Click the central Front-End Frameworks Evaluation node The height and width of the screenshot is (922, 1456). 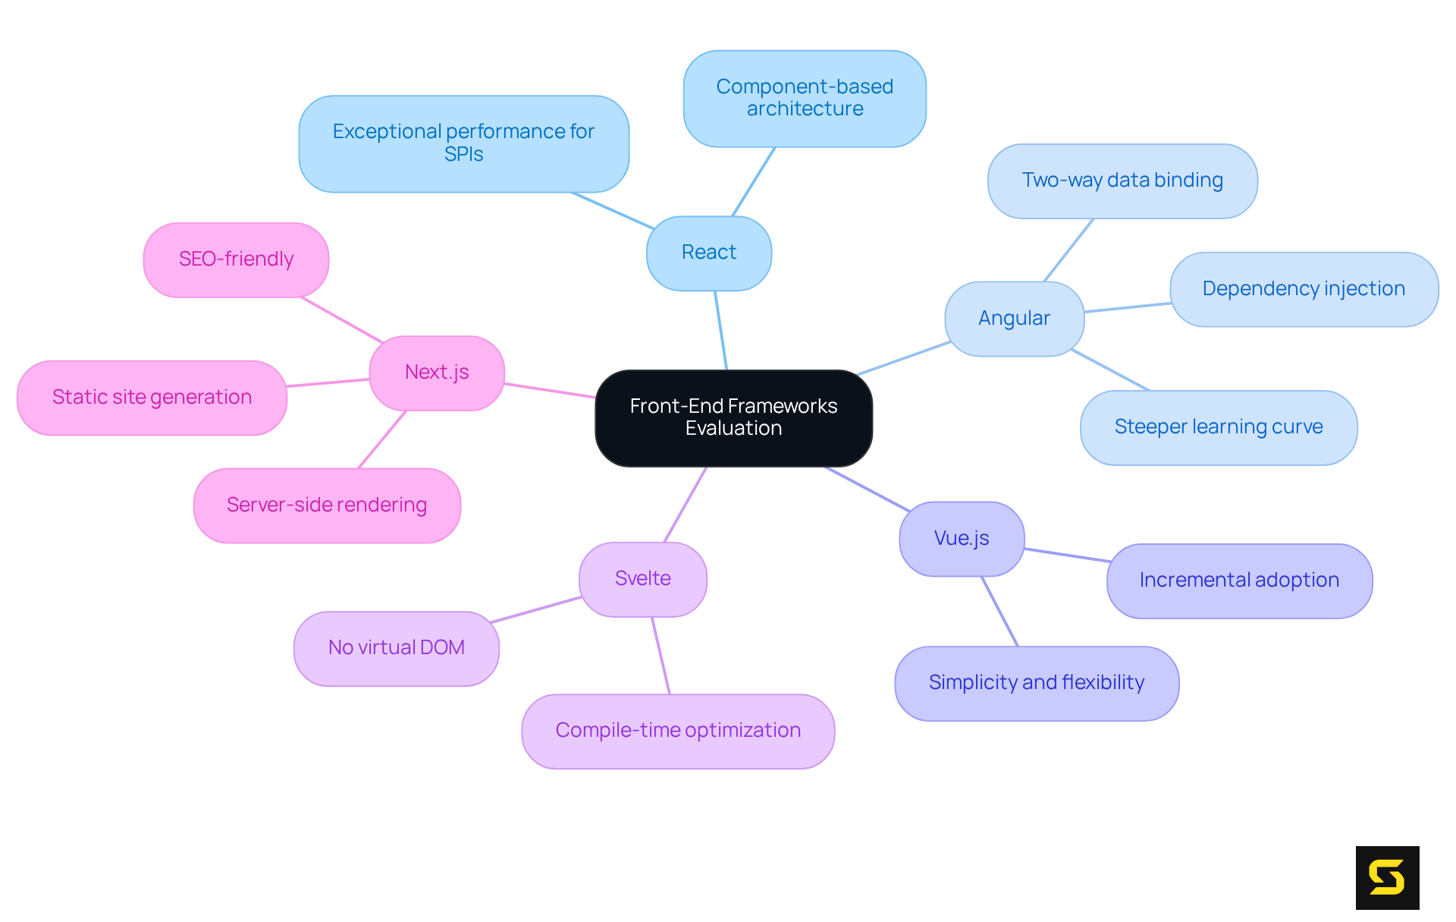coord(733,417)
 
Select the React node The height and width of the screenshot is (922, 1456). coord(708,253)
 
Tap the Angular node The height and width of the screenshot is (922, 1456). coord(1014,319)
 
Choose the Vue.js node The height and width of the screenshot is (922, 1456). coord(962,539)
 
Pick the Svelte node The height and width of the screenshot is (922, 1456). coord(642,579)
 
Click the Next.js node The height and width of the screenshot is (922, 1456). coord(437,373)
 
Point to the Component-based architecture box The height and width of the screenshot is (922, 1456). coord(805,99)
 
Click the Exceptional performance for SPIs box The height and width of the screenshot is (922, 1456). coord(463,143)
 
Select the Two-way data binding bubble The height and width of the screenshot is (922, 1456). coord(1122,181)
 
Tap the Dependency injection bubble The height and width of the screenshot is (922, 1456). coord(1304,289)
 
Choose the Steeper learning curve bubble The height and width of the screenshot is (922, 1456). coord(1219,427)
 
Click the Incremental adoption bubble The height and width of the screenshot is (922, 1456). coord(1239,581)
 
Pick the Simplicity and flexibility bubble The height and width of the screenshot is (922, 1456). coord(1037,683)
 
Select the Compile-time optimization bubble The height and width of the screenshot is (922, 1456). coord(678,731)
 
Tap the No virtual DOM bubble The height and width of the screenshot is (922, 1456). coord(396,648)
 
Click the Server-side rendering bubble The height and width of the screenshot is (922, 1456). coord(327,505)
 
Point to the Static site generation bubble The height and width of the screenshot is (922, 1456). coord(152,398)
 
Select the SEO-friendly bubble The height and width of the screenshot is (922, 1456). coord(236,260)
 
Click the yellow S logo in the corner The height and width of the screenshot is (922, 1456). coord(1387,877)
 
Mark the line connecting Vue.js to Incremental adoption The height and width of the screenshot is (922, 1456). coord(1067,555)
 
